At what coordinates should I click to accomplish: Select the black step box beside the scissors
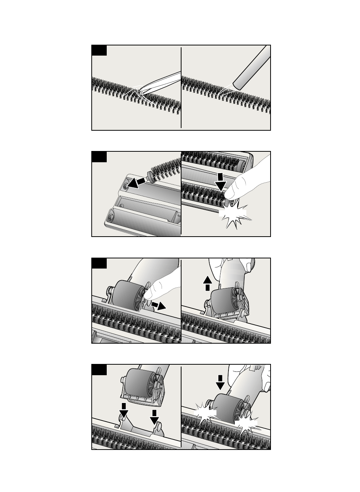pyautogui.click(x=99, y=50)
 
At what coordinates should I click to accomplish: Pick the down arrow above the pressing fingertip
pyautogui.click(x=221, y=182)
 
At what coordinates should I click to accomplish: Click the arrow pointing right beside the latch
pyautogui.click(x=159, y=305)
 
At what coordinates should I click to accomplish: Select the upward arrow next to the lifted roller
pyautogui.click(x=207, y=282)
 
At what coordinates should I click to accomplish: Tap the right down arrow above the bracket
pyautogui.click(x=154, y=417)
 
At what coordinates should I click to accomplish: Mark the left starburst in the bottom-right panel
pyautogui.click(x=205, y=414)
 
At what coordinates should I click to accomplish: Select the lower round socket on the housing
pyautogui.click(x=111, y=217)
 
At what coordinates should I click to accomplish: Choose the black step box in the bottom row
pyautogui.click(x=99, y=370)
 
